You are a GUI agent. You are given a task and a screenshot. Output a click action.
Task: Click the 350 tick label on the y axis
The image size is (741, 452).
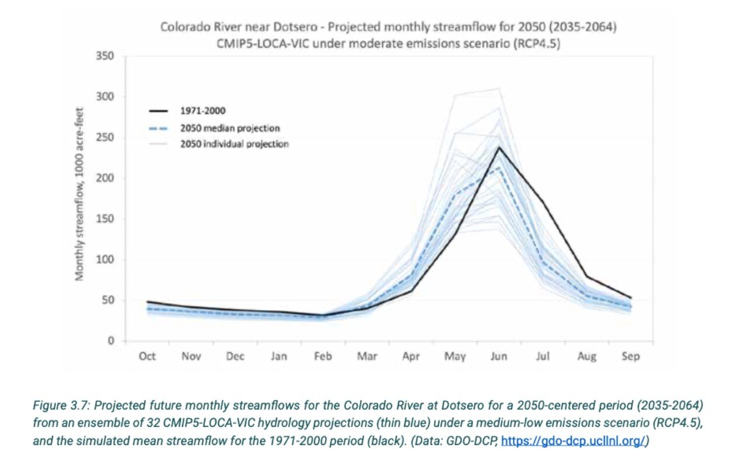coord(105,55)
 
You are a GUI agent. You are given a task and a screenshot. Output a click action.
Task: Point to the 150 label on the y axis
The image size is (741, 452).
coord(105,218)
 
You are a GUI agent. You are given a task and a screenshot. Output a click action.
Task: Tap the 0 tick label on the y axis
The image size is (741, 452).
coord(111,340)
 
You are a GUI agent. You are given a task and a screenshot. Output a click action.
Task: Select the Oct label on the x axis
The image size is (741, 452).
coord(147,356)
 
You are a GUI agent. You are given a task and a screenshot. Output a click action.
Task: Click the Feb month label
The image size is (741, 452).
coord(323,356)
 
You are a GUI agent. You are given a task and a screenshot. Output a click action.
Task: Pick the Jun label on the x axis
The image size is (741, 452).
coord(498,356)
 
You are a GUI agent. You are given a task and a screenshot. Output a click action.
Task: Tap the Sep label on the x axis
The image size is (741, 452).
coord(631,356)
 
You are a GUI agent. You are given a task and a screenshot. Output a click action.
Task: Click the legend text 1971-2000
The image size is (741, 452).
coord(203,110)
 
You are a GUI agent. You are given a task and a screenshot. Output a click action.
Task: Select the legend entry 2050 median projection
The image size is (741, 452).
coord(230,128)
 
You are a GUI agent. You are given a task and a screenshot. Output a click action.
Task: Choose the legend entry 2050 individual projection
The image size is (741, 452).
coord(234,144)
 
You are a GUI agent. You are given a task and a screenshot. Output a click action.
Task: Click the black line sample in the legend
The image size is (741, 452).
coord(158,111)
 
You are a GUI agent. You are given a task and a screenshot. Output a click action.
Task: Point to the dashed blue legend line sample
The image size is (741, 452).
coord(158,128)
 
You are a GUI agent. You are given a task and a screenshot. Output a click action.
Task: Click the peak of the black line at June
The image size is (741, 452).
coord(499,147)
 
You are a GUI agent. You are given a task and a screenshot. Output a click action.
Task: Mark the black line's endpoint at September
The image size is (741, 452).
coord(631,298)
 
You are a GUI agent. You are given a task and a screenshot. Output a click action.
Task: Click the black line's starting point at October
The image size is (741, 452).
coord(147,302)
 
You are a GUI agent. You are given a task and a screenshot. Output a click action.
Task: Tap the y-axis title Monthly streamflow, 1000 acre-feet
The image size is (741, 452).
coord(79,194)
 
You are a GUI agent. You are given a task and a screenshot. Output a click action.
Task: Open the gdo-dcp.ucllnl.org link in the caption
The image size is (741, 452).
coord(573,441)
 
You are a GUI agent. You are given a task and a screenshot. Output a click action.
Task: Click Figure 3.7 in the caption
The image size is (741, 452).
coord(61,405)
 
